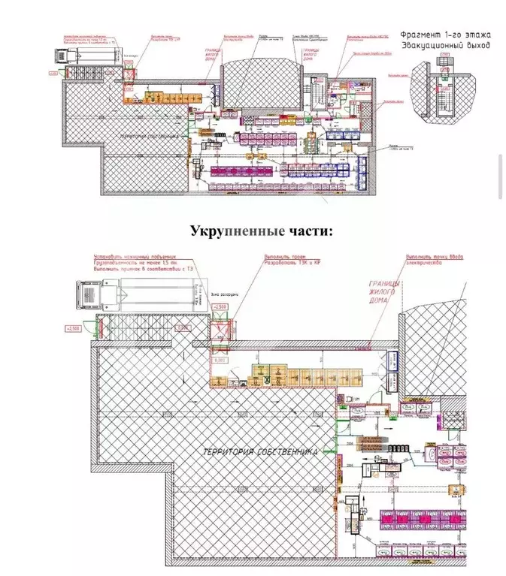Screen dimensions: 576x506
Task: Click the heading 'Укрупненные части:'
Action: [260, 231]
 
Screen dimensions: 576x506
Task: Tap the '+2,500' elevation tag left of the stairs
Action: [74, 329]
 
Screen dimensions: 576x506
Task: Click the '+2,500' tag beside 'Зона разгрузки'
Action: [220, 308]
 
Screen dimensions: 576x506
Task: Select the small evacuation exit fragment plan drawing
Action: [444, 87]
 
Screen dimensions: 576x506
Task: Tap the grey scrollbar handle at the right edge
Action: [501, 176]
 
